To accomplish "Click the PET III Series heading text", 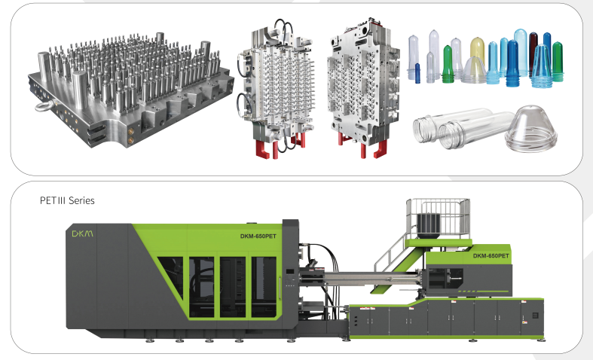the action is pos(67,200).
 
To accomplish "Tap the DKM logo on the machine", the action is pos(82,233).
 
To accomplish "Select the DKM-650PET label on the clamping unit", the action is pos(258,236).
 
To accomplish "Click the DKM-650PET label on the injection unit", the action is pos(491,256).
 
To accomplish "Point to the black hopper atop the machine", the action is pos(428,226).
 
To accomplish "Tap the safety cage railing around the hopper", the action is pos(439,218).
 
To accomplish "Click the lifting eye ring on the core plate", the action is pos(45,107).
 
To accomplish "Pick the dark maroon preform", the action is pos(533,53).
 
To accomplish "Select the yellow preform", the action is pos(478,51).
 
